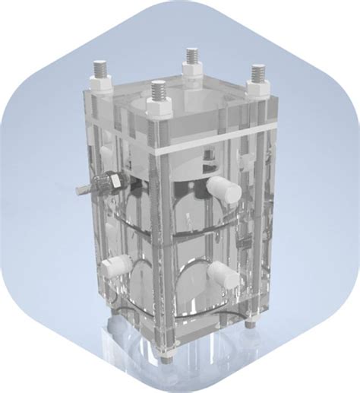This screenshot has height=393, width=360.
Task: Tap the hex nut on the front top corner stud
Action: click(x=158, y=109)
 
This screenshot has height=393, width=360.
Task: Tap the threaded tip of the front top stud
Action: click(x=157, y=90)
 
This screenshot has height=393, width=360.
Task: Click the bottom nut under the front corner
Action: click(x=162, y=349)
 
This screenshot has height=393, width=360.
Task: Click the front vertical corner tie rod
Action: click(x=159, y=228)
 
